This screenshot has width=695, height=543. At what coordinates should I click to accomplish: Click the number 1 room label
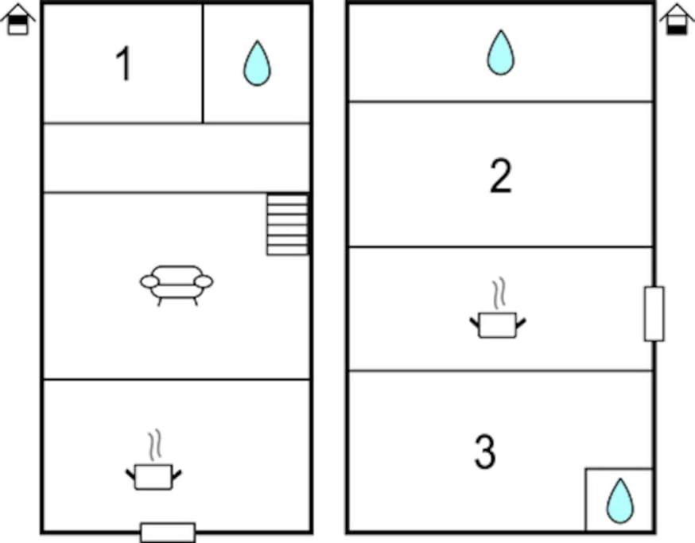click(124, 64)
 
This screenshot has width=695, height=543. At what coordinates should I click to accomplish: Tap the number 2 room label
click(501, 176)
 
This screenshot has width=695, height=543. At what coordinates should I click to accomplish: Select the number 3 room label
click(485, 452)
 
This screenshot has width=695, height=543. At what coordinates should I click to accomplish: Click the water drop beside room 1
click(257, 63)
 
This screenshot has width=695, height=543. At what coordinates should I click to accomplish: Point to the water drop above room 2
click(501, 52)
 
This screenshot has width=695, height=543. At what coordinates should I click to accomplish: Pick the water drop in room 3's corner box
click(620, 501)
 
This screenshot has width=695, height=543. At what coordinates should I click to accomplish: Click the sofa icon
click(177, 285)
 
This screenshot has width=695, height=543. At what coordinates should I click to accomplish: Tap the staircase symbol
click(288, 224)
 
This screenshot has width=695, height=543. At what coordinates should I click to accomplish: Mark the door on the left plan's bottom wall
click(168, 533)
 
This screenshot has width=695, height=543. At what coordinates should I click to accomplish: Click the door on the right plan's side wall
click(654, 314)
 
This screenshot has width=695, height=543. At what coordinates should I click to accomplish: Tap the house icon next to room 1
click(17, 20)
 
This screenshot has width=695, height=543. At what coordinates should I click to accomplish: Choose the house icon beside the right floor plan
click(677, 20)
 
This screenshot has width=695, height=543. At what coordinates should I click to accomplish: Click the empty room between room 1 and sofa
click(177, 157)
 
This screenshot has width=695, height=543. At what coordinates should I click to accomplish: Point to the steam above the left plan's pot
click(154, 445)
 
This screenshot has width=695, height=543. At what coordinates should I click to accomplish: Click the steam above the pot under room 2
click(499, 293)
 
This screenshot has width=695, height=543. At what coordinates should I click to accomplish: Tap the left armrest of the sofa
click(149, 281)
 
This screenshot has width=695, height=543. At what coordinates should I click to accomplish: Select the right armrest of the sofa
click(204, 281)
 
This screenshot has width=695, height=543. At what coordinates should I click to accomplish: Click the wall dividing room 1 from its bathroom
click(203, 64)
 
